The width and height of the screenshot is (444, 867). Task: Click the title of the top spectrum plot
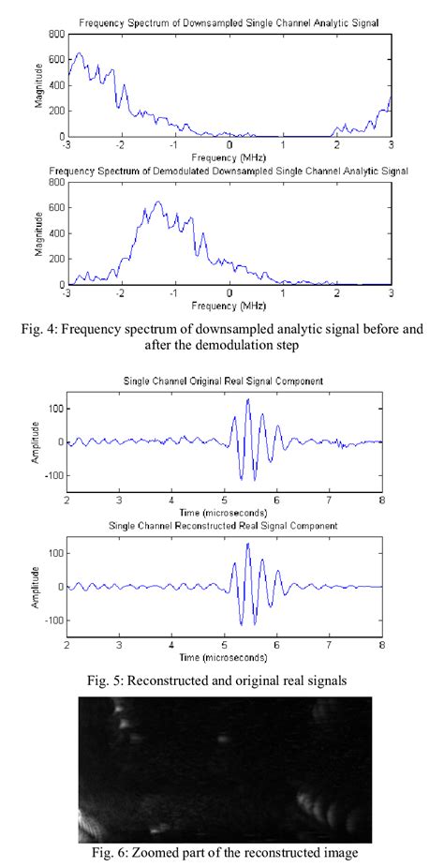229,21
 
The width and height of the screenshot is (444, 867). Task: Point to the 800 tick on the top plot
57,34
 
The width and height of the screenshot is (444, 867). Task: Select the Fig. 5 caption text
223,680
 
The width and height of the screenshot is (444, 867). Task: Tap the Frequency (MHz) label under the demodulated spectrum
229,306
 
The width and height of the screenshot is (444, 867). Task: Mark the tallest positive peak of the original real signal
248,399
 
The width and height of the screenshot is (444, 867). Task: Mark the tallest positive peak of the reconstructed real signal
248,545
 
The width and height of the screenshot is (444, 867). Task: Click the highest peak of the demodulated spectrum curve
157,202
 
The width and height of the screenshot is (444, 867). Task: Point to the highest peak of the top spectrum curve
80,53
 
